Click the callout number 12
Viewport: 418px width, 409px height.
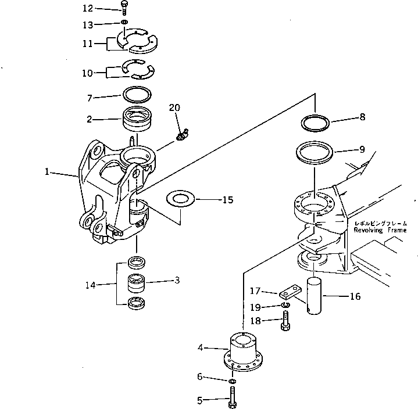tap(88, 8)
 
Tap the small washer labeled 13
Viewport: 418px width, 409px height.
tap(125, 23)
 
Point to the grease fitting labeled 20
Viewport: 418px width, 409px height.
tap(181, 134)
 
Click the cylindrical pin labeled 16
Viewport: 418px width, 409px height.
tap(315, 296)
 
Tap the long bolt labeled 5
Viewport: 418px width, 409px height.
tap(233, 399)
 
